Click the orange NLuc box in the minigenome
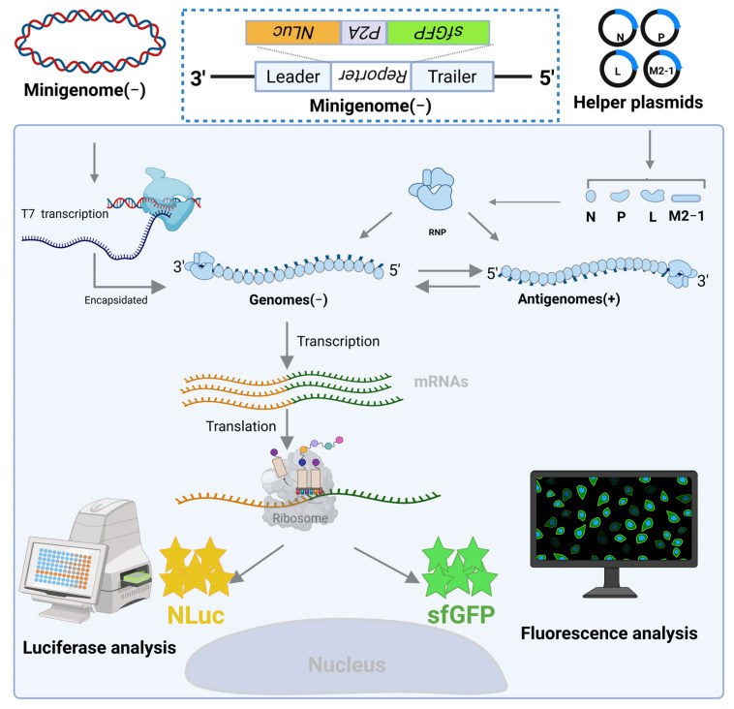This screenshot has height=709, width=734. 293,33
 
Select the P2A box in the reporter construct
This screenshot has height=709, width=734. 364,33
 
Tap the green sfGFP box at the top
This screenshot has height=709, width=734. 438,33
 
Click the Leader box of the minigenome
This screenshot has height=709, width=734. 293,77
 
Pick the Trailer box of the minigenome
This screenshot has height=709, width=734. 452,77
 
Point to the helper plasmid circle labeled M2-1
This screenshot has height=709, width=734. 661,71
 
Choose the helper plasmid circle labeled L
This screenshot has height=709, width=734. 618,71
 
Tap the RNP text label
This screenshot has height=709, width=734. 438,232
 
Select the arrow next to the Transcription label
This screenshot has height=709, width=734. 287,345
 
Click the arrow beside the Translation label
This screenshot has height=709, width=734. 287,430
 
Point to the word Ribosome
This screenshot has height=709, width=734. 300,518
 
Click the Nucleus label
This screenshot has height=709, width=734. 347,665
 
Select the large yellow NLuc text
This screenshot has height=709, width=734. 196,615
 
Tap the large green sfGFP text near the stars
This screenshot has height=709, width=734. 461,615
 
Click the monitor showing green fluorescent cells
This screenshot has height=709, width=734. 613,534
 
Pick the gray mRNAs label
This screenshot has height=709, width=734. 441,382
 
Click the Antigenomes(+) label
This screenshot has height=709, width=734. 568,298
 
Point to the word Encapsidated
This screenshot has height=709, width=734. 115,300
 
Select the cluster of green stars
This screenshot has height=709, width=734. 459,568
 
